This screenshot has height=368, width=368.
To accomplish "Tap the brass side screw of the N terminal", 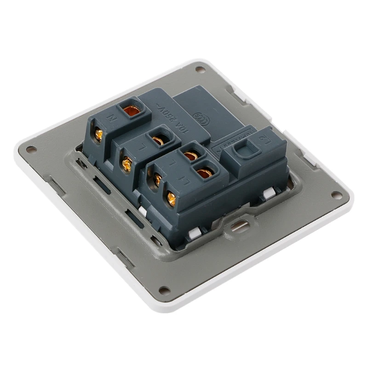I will (x=98, y=135).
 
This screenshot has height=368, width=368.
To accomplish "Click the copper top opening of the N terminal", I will (x=132, y=110).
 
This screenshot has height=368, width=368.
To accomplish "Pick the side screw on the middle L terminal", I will (x=127, y=164).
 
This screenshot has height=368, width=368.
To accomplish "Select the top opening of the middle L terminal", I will (x=159, y=139).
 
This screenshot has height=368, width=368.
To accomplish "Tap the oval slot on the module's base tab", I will (x=239, y=226).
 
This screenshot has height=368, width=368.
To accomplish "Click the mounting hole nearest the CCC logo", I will (x=200, y=69).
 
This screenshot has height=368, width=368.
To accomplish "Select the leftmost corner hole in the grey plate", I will (x=31, y=149).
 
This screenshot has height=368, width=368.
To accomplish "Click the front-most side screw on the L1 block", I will (x=171, y=199).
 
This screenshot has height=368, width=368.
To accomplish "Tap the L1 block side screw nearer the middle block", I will (x=157, y=179).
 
